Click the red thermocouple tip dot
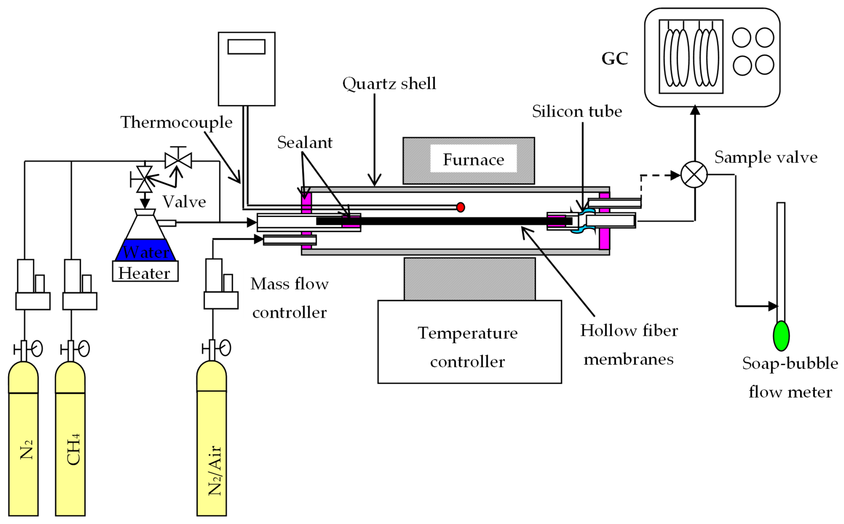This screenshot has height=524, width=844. point(460,207)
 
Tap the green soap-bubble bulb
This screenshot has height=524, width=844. point(781,336)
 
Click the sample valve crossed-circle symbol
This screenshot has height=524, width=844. point(694,175)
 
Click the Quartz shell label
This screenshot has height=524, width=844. point(389,84)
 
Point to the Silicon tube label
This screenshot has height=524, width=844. point(577,111)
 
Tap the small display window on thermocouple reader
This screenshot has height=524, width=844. point(246,47)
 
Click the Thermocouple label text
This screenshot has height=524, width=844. point(176,122)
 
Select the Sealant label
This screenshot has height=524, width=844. point(304,142)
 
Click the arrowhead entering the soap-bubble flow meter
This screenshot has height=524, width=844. point(773,306)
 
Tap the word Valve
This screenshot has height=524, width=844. point(184,202)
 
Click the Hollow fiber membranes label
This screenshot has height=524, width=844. point(629,345)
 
